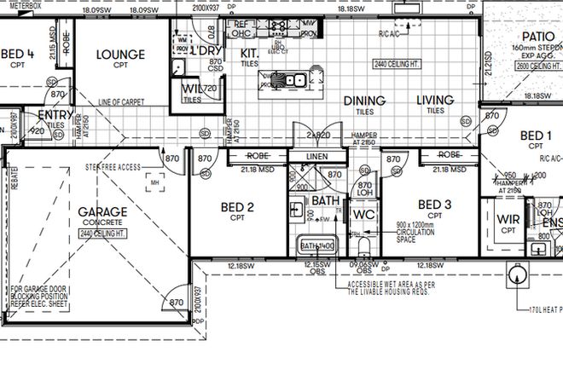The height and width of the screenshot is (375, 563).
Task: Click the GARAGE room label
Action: (102, 211)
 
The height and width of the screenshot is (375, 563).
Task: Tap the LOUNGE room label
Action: (119, 55)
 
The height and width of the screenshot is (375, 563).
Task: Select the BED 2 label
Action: (238, 205)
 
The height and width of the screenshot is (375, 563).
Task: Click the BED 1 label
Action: (536, 135)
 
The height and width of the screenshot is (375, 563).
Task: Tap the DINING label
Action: (364, 101)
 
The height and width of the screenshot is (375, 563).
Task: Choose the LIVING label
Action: (435, 101)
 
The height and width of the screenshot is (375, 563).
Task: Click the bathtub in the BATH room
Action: (318, 246)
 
